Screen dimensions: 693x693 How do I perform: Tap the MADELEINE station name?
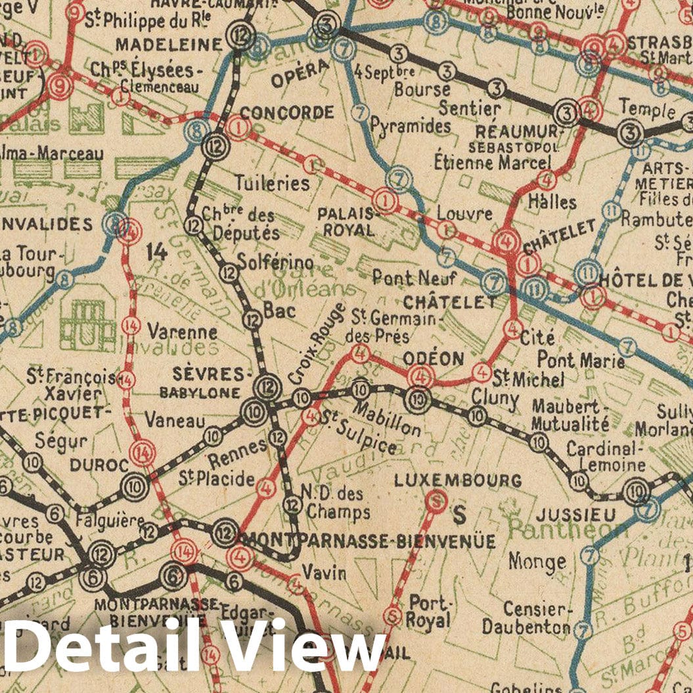click(x=169, y=45)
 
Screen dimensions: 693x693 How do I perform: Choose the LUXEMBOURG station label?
click(x=458, y=480)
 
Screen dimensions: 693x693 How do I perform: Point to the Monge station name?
click(x=537, y=562)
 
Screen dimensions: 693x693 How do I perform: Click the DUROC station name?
click(x=99, y=465)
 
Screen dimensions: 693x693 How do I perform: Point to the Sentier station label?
click(x=470, y=108)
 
